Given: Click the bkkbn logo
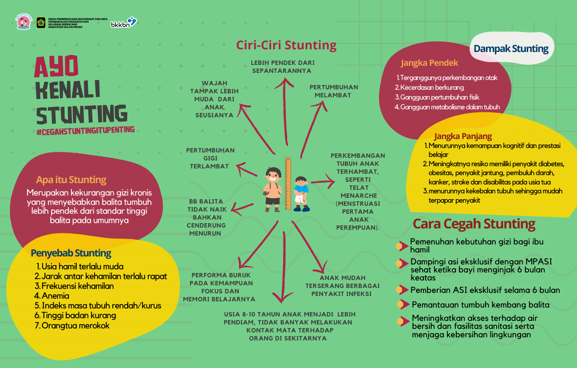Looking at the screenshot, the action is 124,22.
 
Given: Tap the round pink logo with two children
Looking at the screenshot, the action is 24,22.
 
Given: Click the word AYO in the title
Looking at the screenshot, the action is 56,66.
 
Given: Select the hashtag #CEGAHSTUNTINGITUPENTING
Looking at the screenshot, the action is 86,131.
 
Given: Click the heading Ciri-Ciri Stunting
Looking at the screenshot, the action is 286,45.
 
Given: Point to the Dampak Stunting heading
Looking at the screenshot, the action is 511,48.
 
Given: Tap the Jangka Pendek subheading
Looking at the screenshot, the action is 429,63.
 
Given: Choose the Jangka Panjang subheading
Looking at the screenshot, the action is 463,136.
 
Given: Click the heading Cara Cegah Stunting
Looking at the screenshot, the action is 474,224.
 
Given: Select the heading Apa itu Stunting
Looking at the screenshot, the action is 71,180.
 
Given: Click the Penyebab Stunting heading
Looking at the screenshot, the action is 71,253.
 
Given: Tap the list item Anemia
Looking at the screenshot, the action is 51,296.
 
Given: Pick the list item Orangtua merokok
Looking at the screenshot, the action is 72,325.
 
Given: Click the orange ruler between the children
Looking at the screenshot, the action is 288,183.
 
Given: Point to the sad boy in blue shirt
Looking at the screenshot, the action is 301,194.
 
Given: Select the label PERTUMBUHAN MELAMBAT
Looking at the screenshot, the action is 334,91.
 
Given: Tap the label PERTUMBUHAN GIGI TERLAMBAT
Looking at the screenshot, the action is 210,158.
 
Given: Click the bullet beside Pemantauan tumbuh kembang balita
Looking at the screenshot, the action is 403,304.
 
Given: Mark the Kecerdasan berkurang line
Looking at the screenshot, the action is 429,88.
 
